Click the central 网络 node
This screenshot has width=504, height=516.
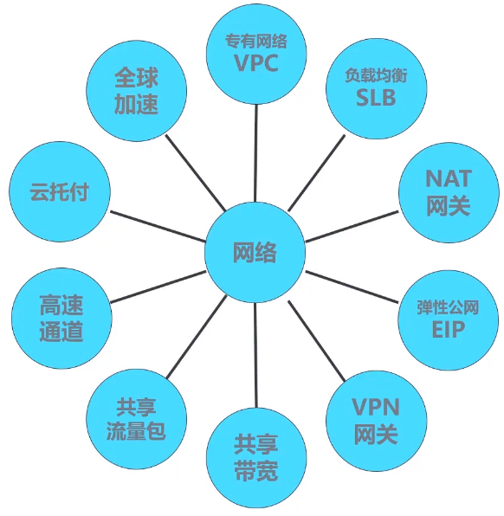pyautogui.click(x=255, y=253)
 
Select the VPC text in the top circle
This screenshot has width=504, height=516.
pyautogui.click(x=255, y=63)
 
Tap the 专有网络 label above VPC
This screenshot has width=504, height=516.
pyautogui.click(x=255, y=41)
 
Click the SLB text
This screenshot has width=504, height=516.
pyautogui.click(x=376, y=98)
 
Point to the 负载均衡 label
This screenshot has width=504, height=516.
pyautogui.click(x=376, y=75)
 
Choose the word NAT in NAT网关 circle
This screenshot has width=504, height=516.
pyautogui.click(x=448, y=179)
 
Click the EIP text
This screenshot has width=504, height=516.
pyautogui.click(x=448, y=330)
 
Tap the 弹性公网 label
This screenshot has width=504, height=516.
pyautogui.click(x=448, y=307)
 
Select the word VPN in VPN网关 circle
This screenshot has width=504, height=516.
pyautogui.click(x=376, y=409)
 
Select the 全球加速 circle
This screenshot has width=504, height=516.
pyautogui.click(x=136, y=91)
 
